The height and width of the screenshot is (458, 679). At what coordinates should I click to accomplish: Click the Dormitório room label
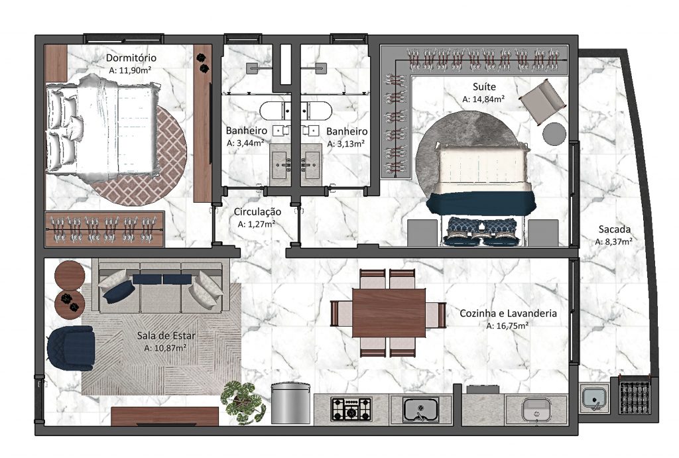131,58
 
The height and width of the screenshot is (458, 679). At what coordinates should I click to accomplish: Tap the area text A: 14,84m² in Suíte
483,99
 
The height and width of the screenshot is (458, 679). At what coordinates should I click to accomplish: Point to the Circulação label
257,212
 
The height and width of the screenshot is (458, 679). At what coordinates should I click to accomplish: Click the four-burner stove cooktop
351,408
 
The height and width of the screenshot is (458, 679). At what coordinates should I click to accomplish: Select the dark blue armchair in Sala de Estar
70,349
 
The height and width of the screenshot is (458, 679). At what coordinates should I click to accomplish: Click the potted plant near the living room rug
243,401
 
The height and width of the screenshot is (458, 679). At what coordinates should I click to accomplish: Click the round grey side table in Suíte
554,133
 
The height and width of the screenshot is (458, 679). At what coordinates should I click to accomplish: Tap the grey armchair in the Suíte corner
542,101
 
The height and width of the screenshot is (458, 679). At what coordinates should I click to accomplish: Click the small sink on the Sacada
595,399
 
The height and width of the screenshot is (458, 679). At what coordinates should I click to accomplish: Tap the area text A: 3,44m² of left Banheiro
245,143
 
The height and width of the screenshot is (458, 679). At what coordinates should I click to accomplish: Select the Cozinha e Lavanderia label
508,314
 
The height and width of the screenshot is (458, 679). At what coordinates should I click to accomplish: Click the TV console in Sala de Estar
164,416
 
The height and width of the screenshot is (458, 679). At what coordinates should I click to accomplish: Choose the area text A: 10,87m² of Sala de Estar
164,347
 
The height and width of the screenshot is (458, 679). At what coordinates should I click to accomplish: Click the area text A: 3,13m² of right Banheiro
345,143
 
